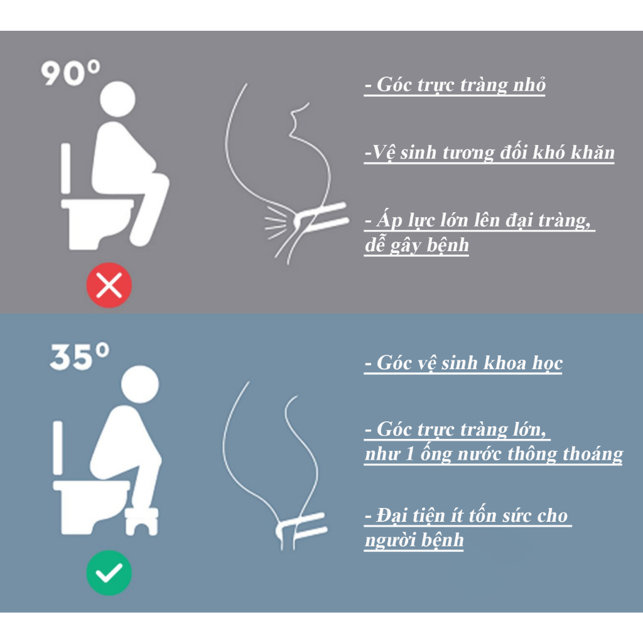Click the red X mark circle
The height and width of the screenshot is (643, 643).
tap(109, 286)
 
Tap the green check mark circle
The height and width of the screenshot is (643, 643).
tap(109, 573)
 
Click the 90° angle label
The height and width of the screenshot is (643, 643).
tap(71, 74)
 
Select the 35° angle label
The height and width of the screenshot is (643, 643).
tap(79, 357)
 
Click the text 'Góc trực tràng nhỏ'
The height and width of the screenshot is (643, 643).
tap(455, 85)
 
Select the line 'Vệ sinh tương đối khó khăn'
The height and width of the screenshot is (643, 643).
tap(489, 153)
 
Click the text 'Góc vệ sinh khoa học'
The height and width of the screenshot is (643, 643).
tap(463, 363)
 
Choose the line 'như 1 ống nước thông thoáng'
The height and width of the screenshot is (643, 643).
tap(493, 454)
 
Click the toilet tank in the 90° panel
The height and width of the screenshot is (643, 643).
tap(65, 167)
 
